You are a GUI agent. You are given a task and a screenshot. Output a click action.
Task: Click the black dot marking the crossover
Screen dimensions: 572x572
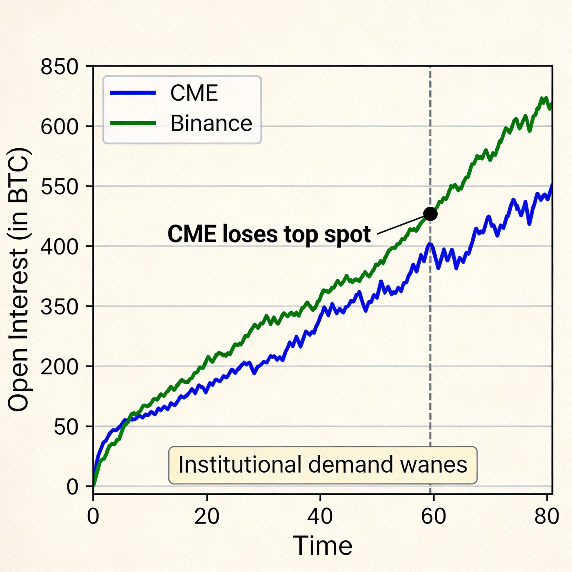430,214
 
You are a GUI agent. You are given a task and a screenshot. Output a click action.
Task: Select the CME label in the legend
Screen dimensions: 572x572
194,93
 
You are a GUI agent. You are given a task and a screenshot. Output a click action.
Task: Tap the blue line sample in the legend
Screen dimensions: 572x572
133,93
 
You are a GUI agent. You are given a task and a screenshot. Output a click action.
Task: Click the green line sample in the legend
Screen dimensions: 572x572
133,123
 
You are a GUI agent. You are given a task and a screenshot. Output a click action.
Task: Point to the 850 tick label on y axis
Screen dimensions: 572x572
59,67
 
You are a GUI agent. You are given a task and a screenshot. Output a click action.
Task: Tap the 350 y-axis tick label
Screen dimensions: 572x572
59,307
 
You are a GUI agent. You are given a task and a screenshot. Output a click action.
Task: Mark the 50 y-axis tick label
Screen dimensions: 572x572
66,428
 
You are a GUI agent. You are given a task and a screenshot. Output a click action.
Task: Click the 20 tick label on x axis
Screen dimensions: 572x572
207,517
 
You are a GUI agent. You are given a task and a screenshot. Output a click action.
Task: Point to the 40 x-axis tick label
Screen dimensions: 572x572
320,517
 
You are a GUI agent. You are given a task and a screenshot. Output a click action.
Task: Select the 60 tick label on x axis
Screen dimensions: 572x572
433,517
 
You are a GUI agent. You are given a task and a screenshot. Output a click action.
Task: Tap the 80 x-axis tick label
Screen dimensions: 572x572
547,517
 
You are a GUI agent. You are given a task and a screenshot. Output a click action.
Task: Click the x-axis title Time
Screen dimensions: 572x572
322,545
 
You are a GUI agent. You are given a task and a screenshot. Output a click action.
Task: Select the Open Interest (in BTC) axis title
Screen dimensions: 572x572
18,280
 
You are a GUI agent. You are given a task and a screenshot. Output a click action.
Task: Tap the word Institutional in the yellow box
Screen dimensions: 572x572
240,464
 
